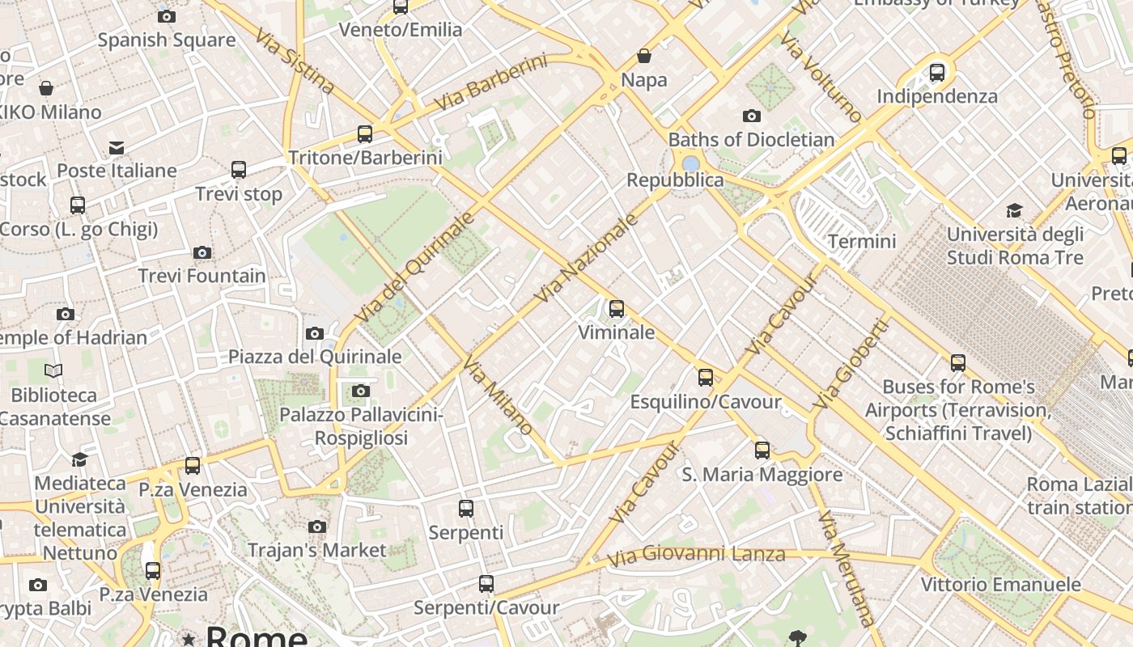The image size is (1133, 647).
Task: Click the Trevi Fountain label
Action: (x=202, y=276)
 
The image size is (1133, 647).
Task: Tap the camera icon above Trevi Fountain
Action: (x=202, y=253)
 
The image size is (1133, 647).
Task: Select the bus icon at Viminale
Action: (x=617, y=308)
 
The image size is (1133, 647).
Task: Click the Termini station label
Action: (x=862, y=241)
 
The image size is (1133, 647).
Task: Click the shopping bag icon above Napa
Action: (x=644, y=56)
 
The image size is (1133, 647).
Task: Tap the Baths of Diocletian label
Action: (x=751, y=139)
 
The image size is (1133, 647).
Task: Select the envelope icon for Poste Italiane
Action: (x=117, y=147)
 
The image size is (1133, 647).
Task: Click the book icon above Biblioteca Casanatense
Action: (x=53, y=371)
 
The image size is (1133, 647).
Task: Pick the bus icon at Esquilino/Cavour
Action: (x=706, y=377)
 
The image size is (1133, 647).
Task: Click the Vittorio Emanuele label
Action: (x=1000, y=584)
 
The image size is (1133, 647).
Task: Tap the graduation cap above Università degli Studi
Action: (x=1014, y=211)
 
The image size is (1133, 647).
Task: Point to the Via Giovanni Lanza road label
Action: (x=696, y=556)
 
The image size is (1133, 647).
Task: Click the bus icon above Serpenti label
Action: (x=466, y=509)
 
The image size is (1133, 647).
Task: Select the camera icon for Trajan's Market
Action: (x=317, y=527)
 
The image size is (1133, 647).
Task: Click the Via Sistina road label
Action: (x=294, y=61)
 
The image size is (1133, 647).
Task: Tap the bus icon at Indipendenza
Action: (x=937, y=73)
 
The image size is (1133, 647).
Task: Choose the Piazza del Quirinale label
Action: (x=315, y=357)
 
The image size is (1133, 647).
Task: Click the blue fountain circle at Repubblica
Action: (x=690, y=164)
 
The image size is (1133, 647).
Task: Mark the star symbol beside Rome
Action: (x=189, y=640)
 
